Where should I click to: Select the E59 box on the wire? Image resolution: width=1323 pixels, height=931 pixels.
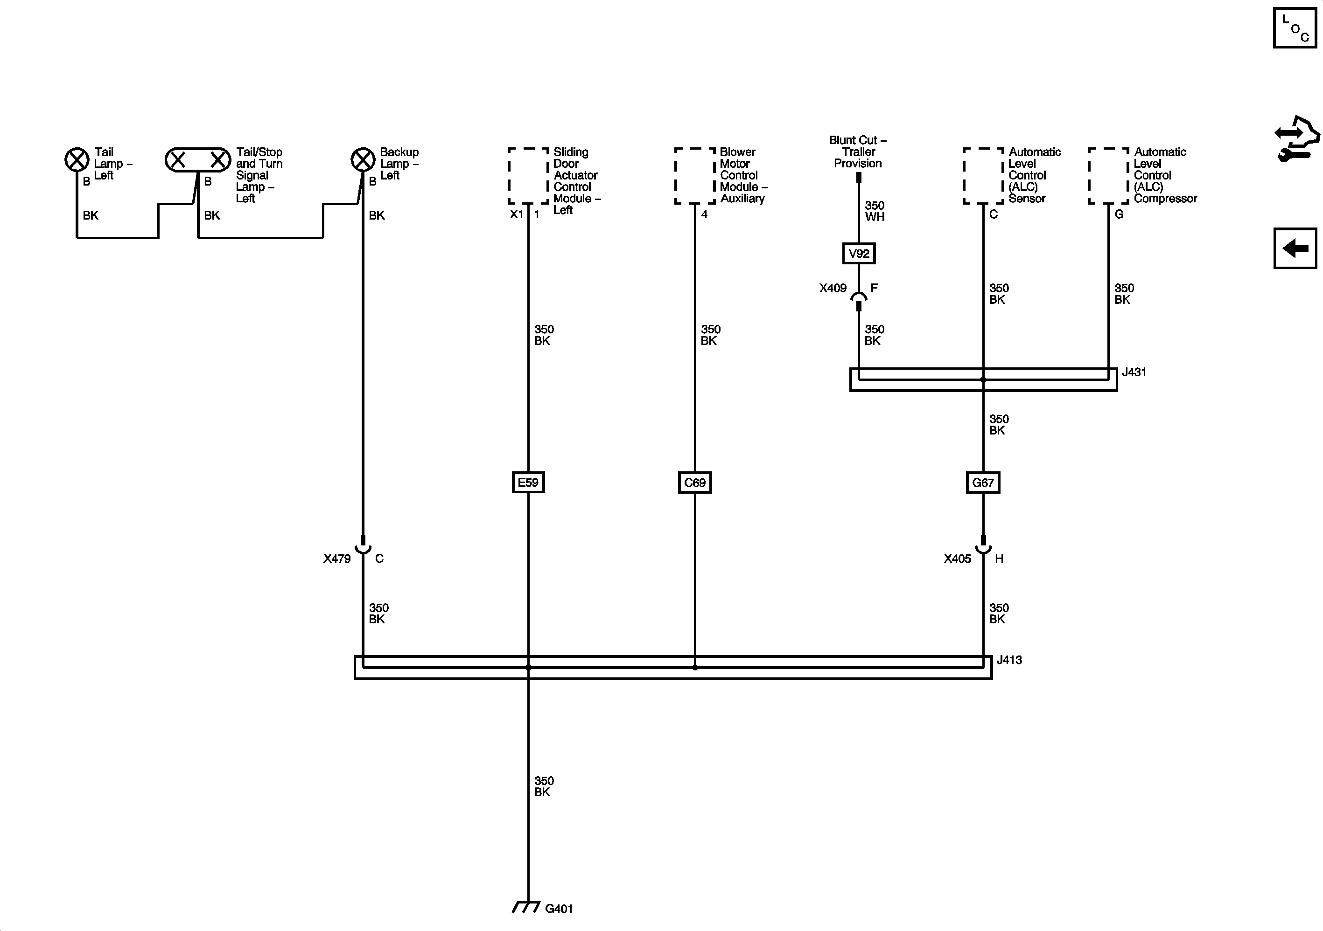pyautogui.click(x=528, y=483)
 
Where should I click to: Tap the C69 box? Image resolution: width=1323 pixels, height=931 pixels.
pyautogui.click(x=694, y=483)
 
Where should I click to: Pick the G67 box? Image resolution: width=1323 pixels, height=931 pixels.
pyautogui.click(x=982, y=483)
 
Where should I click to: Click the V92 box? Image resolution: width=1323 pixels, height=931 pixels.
pyautogui.click(x=859, y=253)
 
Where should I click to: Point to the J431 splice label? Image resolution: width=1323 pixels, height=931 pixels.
pyautogui.click(x=1134, y=372)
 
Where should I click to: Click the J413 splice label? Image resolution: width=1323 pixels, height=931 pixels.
pyautogui.click(x=1009, y=660)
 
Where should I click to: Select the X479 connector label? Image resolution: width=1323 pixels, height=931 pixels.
pyautogui.click(x=336, y=559)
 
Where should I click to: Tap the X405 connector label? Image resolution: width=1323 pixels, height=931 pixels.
pyautogui.click(x=957, y=559)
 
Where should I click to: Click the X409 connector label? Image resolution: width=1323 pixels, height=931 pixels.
pyautogui.click(x=833, y=288)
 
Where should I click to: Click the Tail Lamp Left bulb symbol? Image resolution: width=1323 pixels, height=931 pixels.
pyautogui.click(x=77, y=159)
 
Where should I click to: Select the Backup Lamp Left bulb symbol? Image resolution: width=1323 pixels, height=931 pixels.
pyautogui.click(x=363, y=159)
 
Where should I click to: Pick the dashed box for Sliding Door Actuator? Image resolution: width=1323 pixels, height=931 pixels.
pyautogui.click(x=528, y=176)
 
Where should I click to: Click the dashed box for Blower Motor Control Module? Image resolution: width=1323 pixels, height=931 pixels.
pyautogui.click(x=694, y=176)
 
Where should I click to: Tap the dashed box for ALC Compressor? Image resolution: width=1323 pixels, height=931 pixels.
pyautogui.click(x=1108, y=176)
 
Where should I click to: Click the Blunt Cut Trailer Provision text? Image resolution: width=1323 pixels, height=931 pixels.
pyautogui.click(x=857, y=152)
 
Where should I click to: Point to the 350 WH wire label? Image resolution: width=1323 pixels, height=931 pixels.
pyautogui.click(x=874, y=211)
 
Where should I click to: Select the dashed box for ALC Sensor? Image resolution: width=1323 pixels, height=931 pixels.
pyautogui.click(x=982, y=176)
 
